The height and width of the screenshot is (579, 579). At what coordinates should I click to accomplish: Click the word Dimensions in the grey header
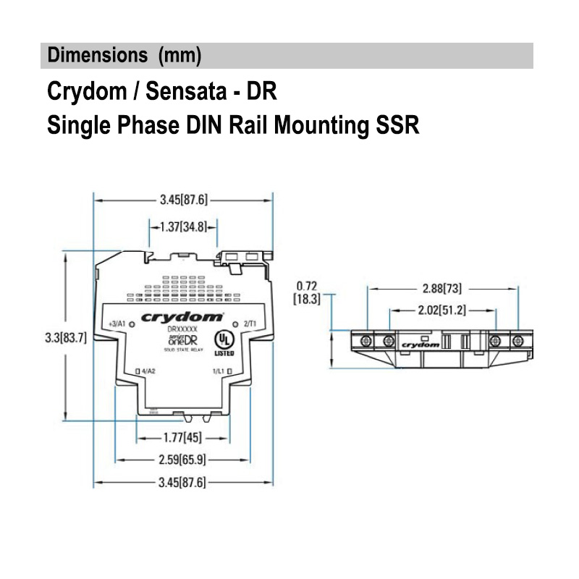tap(94, 55)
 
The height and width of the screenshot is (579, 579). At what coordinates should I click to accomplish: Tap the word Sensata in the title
tap(189, 92)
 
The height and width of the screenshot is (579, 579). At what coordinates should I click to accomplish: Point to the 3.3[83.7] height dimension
tap(65, 337)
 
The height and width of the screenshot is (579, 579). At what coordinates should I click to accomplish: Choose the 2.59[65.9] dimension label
tap(182, 460)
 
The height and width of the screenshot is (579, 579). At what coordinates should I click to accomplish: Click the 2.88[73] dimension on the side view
tap(442, 289)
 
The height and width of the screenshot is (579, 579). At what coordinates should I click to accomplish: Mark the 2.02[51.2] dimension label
tap(441, 310)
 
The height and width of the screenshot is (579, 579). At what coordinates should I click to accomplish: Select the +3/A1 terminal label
tap(116, 324)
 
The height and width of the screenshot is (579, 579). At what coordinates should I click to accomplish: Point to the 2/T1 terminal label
tap(249, 324)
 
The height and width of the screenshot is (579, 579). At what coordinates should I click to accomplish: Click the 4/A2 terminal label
tap(148, 372)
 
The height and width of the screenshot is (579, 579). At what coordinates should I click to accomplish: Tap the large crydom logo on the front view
tap(182, 317)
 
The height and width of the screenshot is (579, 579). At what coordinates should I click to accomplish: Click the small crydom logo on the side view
tap(420, 345)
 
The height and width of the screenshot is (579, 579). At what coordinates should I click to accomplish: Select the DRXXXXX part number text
tap(182, 330)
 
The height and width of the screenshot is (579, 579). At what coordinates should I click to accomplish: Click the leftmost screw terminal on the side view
tap(366, 340)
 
